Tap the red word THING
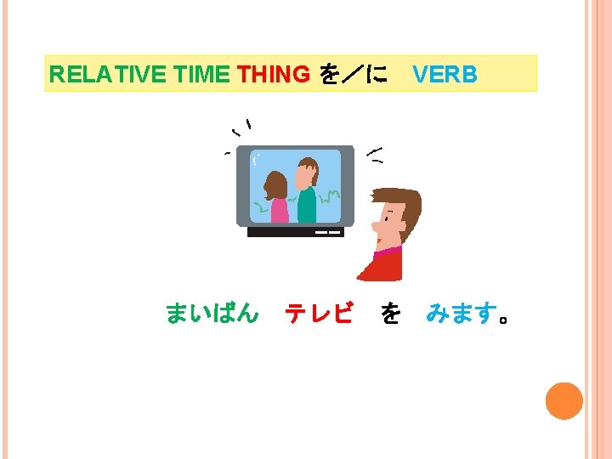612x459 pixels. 274,75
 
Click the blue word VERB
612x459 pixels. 445,75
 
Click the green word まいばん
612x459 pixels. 212,314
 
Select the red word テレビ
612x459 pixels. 319,314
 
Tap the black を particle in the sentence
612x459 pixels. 390,314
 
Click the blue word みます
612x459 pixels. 460,314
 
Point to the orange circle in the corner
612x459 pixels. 564,401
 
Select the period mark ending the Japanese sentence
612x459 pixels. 505,320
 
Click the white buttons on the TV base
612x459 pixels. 328,231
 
